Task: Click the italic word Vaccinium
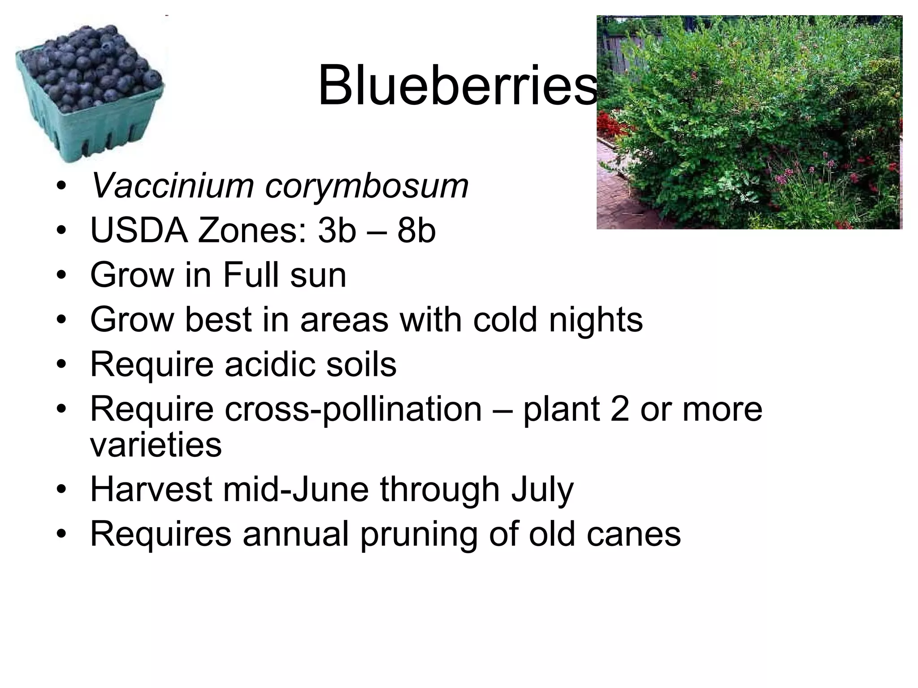tap(172, 185)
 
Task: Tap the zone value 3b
tap(337, 231)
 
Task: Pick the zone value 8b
tap(416, 231)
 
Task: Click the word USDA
tap(139, 231)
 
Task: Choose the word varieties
tap(156, 446)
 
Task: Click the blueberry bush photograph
tap(749, 122)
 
